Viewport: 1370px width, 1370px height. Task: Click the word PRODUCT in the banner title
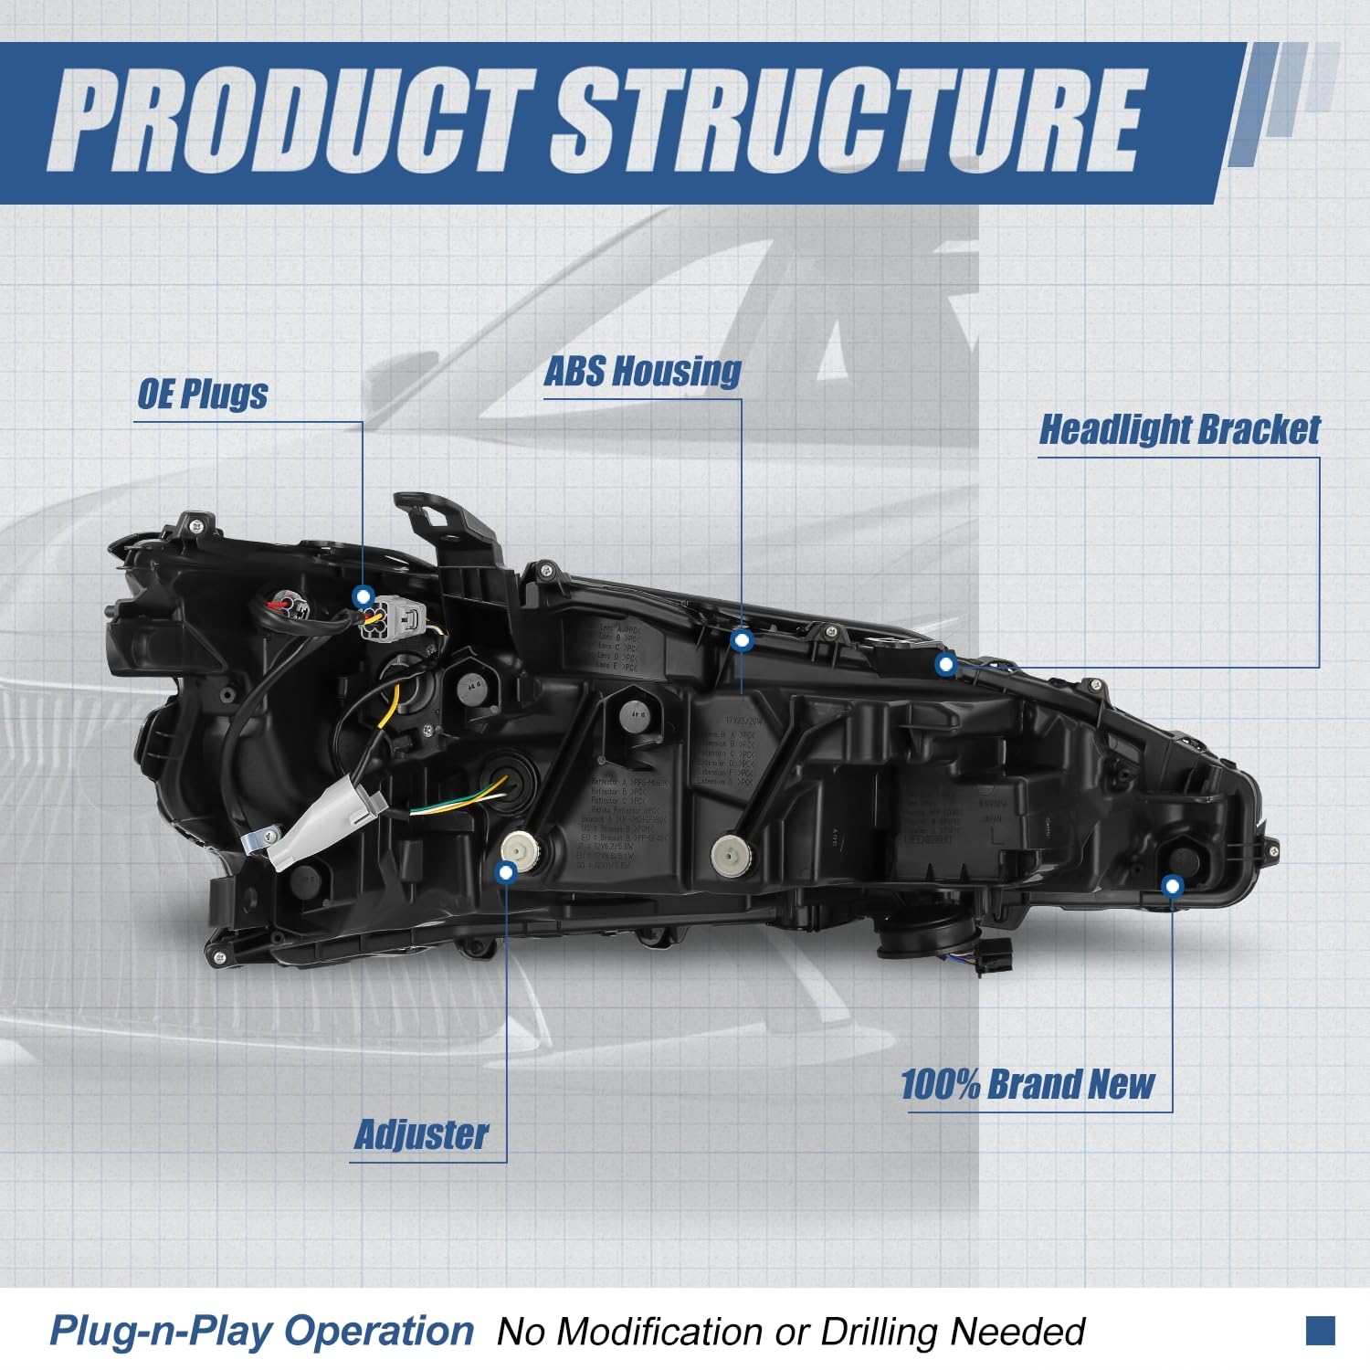[292, 121]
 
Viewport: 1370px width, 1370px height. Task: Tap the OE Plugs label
[203, 394]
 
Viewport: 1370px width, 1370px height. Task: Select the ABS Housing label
[642, 371]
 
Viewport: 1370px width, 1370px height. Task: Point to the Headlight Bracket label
[1179, 429]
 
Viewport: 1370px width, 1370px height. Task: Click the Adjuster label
[421, 1134]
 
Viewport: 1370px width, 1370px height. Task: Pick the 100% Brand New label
[1027, 1084]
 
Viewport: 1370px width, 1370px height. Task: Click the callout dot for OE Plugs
[364, 596]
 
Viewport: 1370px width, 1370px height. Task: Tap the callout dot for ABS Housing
[742, 641]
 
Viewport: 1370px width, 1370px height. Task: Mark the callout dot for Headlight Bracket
[946, 664]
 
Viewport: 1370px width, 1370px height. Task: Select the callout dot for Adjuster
[505, 872]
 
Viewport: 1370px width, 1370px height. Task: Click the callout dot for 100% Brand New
[1173, 885]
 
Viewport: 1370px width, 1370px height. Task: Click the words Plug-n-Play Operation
[261, 1330]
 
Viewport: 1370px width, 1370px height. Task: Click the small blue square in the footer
[1320, 1330]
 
